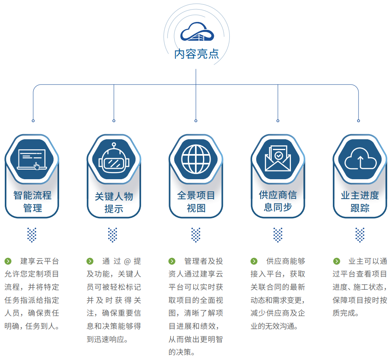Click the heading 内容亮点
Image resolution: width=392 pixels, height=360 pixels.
coord(197,54)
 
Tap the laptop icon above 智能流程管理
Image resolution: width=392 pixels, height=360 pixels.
coord(32,159)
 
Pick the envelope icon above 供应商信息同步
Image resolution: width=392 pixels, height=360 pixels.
coord(278,159)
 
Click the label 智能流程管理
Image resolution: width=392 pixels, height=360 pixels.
coord(32,202)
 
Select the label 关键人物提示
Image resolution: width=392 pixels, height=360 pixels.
coord(114,202)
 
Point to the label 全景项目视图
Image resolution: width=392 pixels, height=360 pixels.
coord(196,202)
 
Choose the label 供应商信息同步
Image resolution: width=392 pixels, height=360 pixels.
coord(278,201)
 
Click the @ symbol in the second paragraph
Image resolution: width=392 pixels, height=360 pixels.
coord(127,261)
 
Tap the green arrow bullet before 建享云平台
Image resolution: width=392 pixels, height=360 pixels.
coord(8,261)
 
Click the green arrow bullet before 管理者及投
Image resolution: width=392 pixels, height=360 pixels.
coord(172,261)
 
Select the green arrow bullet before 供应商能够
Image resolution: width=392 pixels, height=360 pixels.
coord(254,261)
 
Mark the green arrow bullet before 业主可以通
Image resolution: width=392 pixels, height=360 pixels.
coord(336,261)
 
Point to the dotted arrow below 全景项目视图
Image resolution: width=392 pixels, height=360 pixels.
coord(196,235)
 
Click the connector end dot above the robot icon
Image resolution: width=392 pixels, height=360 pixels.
coord(114,121)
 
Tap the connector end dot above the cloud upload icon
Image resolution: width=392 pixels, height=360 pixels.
coord(358,121)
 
